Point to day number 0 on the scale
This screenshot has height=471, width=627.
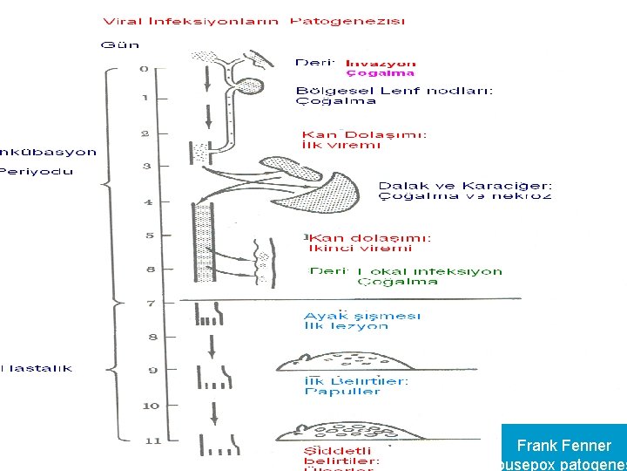[144, 68]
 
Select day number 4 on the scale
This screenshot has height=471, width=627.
[148, 202]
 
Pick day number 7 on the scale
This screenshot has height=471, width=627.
[150, 304]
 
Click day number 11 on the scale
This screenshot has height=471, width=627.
[152, 441]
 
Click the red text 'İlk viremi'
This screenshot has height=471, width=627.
[341, 146]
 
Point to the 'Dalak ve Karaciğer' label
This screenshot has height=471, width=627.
[464, 185]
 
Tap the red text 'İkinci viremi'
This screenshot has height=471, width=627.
[348, 248]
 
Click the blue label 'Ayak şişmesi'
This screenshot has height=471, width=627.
[361, 315]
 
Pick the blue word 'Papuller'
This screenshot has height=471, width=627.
[342, 392]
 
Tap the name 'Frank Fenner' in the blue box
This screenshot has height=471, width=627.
[563, 446]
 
